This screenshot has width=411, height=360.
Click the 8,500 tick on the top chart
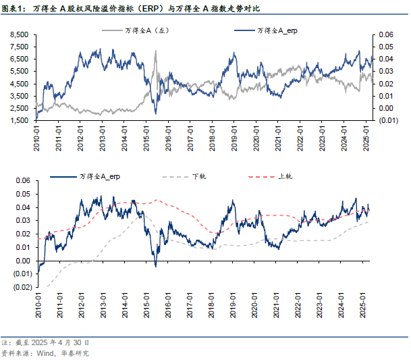tap(19, 34)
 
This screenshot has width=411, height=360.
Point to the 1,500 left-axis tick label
tap(19, 120)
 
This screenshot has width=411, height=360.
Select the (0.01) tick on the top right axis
tap(386, 120)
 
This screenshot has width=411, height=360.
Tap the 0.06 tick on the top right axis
tap(385, 34)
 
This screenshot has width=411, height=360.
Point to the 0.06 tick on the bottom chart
tap(23, 181)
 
